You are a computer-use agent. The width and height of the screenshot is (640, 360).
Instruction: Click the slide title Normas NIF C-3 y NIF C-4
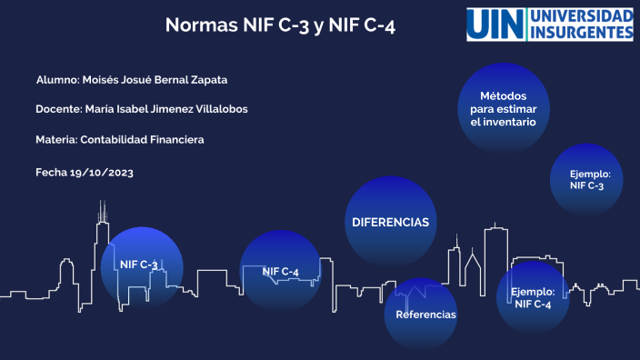coord(280,25)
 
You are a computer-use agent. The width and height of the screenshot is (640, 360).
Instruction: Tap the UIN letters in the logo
coord(497,25)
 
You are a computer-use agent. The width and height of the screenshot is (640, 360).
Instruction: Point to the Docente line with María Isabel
coord(141,109)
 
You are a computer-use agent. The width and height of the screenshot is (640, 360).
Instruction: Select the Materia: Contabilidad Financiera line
coord(119,140)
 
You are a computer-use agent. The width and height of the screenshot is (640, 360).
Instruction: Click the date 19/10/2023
coord(101,171)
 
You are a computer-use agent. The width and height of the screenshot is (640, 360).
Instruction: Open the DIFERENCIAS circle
coord(390,222)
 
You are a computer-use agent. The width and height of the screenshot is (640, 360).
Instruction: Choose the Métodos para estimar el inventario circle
coord(503,108)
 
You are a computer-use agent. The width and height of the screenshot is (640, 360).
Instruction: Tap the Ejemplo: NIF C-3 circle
coord(586,179)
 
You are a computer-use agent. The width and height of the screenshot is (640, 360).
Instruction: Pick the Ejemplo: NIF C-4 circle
coord(533,297)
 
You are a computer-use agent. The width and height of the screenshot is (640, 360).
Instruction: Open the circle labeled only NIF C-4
coord(280,271)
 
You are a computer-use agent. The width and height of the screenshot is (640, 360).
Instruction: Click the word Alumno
coord(56,79)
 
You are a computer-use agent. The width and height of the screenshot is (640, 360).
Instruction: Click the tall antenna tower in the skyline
coord(102,227)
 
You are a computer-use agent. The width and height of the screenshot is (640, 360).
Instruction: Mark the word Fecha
coord(50,171)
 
